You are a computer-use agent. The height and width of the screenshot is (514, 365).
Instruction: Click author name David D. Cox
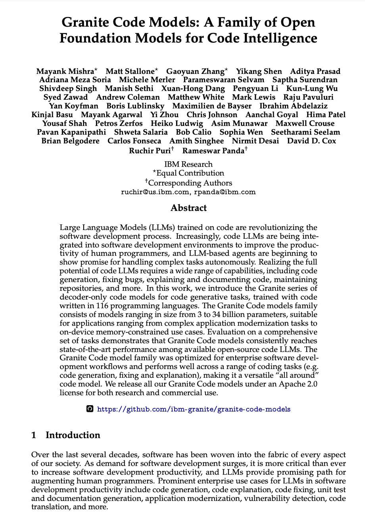(311, 141)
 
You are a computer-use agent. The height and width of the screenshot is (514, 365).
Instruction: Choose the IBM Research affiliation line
(188, 164)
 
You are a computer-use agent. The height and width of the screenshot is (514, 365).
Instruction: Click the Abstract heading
(188, 208)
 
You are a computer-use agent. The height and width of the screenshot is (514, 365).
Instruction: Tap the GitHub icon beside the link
(90, 409)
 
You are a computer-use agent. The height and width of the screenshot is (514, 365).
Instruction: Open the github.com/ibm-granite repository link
(194, 409)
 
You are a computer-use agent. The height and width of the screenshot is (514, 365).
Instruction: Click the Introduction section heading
(73, 435)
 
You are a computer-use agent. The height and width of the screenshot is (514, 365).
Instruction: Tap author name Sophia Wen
(241, 132)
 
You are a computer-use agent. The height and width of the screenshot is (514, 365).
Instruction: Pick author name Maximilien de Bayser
(212, 106)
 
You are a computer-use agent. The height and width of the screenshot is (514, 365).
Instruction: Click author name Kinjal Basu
(52, 115)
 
